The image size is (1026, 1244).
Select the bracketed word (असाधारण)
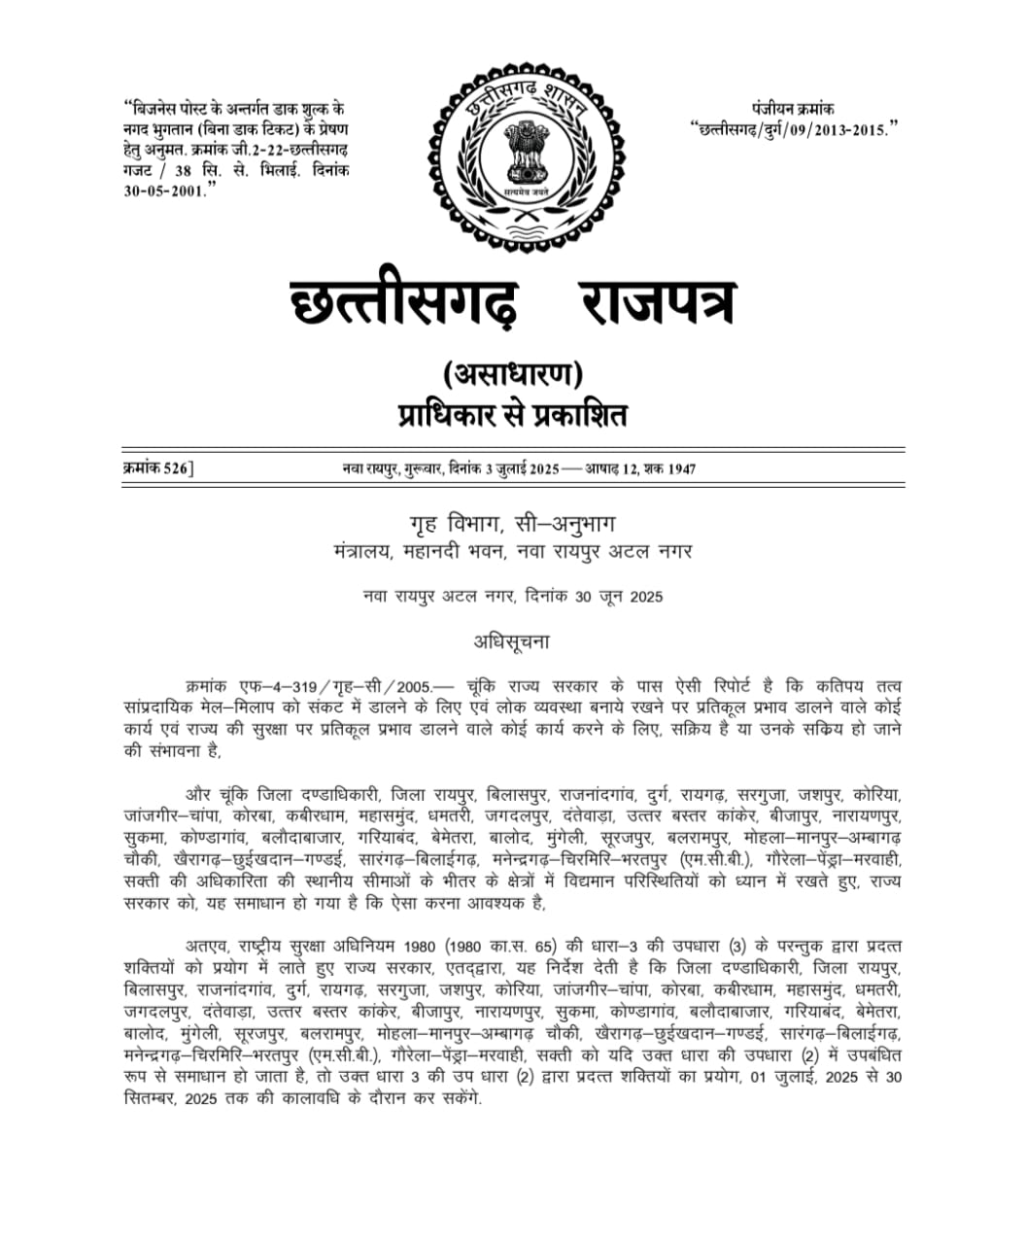(512, 374)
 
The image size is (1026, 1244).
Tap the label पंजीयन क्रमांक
(792, 109)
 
